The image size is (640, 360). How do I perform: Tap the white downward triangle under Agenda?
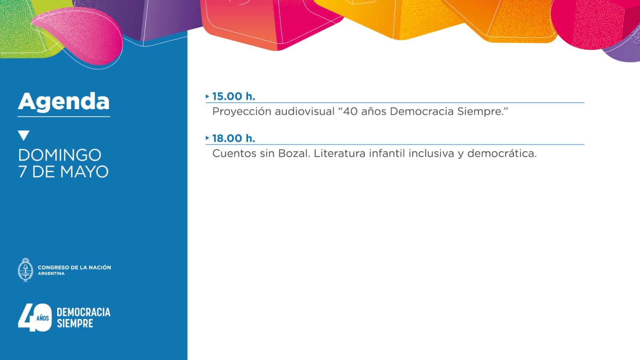pyautogui.click(x=24, y=135)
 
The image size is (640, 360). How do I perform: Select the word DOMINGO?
pyautogui.click(x=60, y=155)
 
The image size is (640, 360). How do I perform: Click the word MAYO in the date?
pyautogui.click(x=84, y=172)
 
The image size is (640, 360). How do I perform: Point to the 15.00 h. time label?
pyautogui.click(x=234, y=96)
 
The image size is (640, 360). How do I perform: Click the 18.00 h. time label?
pyautogui.click(x=234, y=138)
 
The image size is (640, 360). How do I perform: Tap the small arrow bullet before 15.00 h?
pyautogui.click(x=208, y=96)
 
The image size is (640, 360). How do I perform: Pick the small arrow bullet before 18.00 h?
pyautogui.click(x=208, y=138)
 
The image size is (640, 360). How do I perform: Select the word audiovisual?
pyautogui.click(x=304, y=112)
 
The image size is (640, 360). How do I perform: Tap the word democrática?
pyautogui.click(x=502, y=154)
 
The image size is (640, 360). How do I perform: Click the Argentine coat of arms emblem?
pyautogui.click(x=26, y=270)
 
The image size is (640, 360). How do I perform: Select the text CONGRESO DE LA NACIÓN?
pyautogui.click(x=74, y=268)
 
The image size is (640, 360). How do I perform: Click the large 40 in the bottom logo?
pyautogui.click(x=35, y=318)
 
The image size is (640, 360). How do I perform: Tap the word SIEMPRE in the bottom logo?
pyautogui.click(x=75, y=324)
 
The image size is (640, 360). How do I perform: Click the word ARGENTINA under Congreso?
pyautogui.click(x=51, y=274)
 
